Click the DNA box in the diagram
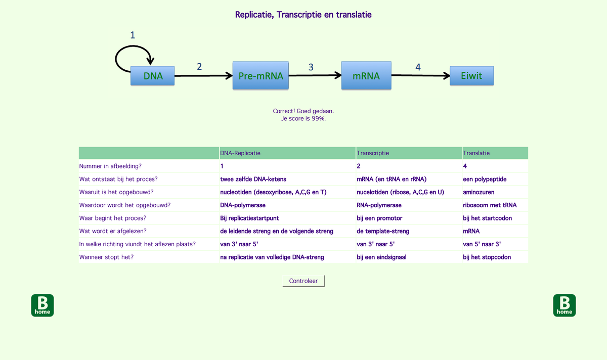coord(153,76)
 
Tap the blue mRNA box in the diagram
coord(366,76)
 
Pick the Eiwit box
coord(471,76)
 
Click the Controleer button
coord(303,281)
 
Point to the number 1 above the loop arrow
coord(133,35)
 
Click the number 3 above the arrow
coord(311,67)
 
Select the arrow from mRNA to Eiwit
coord(420,76)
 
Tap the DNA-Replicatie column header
coord(241,153)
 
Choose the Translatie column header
coord(476,153)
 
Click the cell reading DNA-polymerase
coord(243,205)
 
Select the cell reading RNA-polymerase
coord(379,205)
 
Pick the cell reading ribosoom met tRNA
coord(490,205)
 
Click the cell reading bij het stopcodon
coord(487,257)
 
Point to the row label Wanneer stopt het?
coord(107,257)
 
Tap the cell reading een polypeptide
coord(485,179)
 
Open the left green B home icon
coord(42,305)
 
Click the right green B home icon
coord(565,305)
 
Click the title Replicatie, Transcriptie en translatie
coord(303,15)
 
